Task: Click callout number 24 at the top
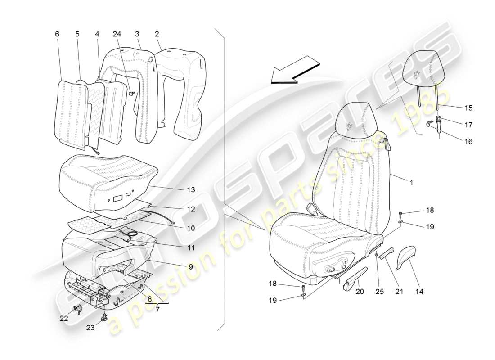pyautogui.click(x=117, y=34)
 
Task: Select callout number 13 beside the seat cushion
pyautogui.click(x=191, y=190)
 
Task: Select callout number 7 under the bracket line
pyautogui.click(x=157, y=310)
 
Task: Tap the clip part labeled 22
pyautogui.click(x=77, y=309)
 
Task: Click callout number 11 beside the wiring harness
pyautogui.click(x=191, y=247)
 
